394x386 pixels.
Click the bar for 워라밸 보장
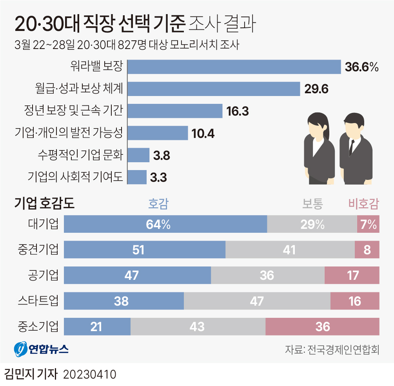click(234, 67)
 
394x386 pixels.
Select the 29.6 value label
click(316, 89)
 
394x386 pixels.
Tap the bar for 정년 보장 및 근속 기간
click(175, 111)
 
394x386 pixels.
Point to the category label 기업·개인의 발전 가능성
click(69, 133)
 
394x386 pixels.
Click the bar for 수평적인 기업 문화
click(139, 155)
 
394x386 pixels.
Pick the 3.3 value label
click(158, 178)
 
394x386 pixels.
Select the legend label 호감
click(158, 203)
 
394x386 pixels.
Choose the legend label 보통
click(312, 203)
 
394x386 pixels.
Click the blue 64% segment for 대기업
click(165, 225)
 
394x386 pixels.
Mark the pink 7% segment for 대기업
click(368, 225)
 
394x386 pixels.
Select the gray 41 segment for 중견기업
click(290, 250)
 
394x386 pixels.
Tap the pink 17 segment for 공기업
click(352, 275)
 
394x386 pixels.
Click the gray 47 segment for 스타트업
click(257, 301)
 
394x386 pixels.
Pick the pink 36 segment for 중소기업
click(322, 326)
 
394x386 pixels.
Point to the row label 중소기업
click(38, 326)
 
